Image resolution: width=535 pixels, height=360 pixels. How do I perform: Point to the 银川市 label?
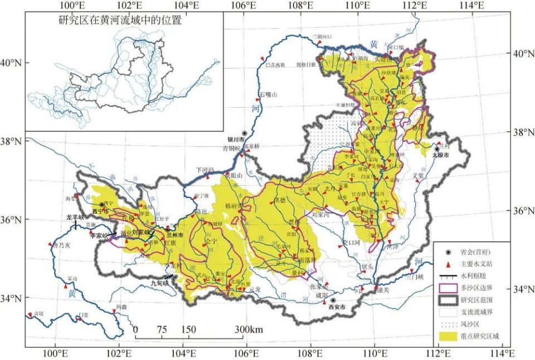(236, 139)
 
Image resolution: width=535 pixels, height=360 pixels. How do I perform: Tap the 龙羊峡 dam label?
(75, 217)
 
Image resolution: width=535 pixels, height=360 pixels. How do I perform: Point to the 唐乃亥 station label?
(61, 245)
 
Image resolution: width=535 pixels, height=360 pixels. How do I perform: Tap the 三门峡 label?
(415, 277)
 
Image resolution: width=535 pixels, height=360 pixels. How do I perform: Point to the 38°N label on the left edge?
(11, 141)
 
